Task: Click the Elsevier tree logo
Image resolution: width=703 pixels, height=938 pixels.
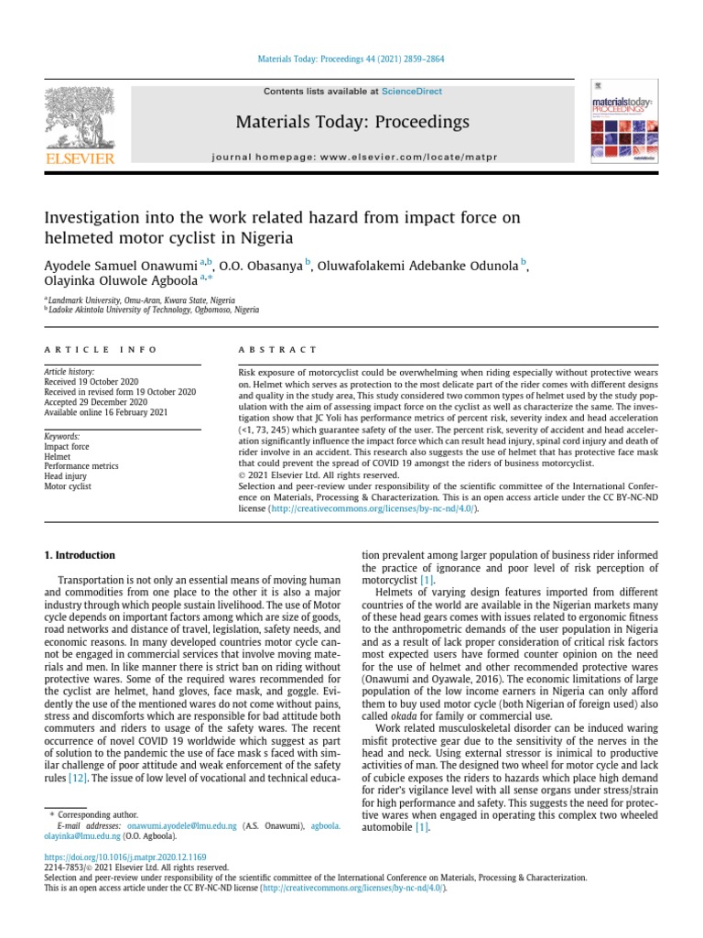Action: (x=80, y=118)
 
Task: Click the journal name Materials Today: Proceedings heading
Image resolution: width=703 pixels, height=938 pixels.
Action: (x=352, y=122)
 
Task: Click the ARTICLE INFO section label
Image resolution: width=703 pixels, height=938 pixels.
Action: (x=101, y=350)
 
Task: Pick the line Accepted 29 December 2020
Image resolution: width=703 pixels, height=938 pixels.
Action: (x=95, y=401)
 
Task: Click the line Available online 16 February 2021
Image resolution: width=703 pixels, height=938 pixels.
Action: (x=107, y=411)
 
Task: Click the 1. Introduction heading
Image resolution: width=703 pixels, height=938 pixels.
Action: (x=81, y=555)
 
